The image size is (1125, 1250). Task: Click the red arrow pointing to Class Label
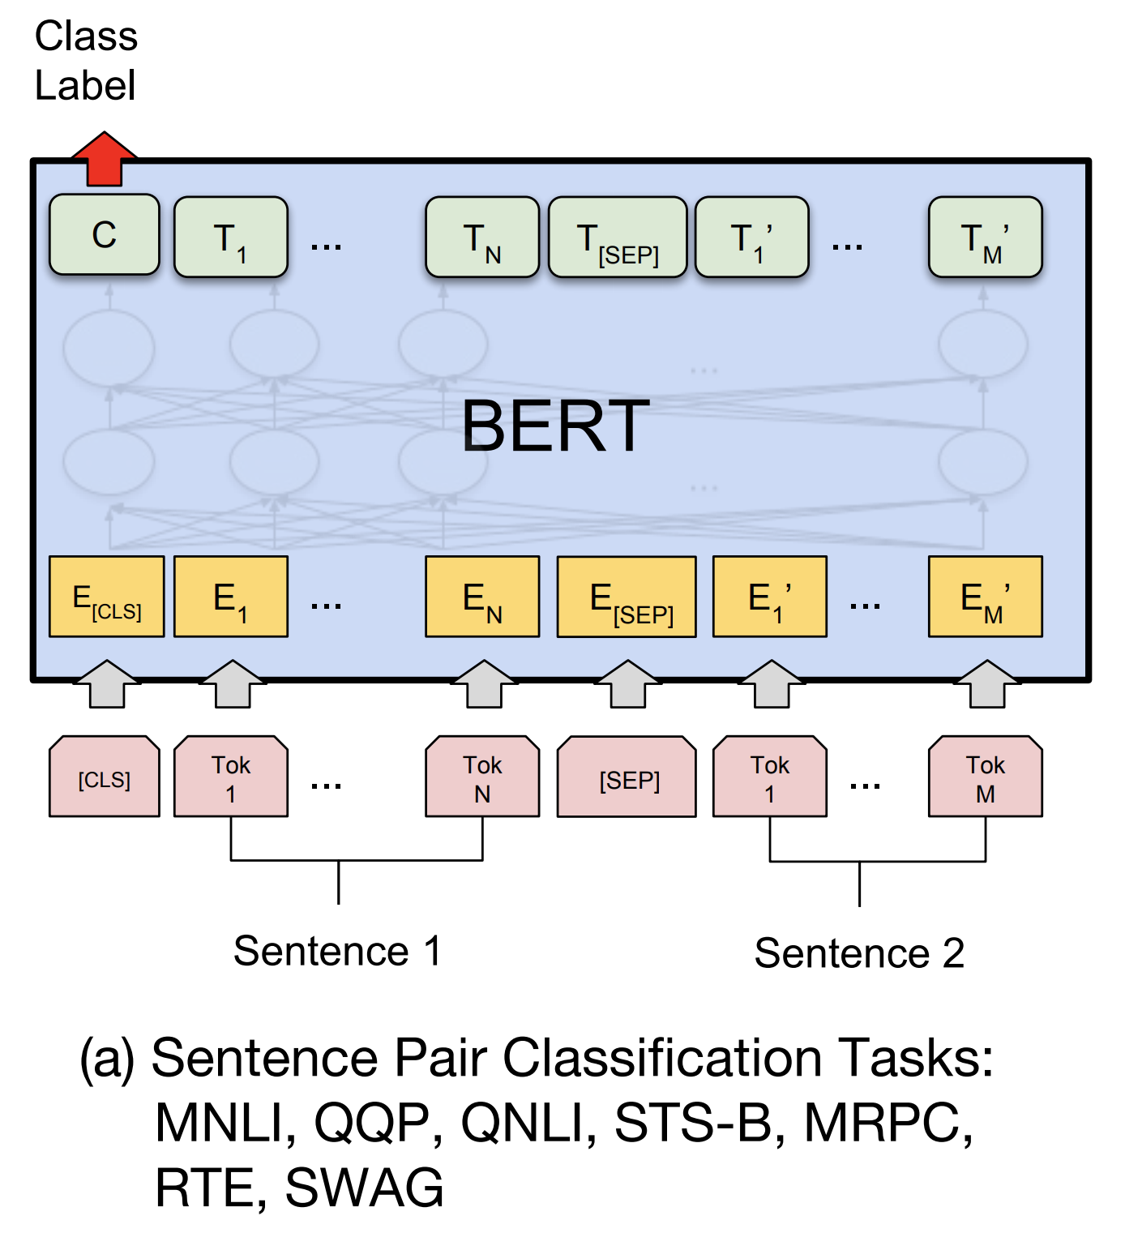[104, 159]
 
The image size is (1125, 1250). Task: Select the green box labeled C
[105, 235]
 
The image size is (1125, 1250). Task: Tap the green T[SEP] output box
[618, 238]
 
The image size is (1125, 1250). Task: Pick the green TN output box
[482, 238]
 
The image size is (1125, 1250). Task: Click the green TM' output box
[985, 238]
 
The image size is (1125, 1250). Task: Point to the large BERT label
[555, 426]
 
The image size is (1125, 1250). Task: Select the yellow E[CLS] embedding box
[106, 597]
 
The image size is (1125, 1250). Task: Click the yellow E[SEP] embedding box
[627, 597]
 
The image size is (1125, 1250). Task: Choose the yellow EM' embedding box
[985, 597]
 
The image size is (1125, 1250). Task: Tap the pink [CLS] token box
[105, 777]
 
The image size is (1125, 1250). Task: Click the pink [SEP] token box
[627, 777]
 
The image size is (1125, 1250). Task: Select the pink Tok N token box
[482, 777]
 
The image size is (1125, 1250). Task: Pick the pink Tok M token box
[985, 777]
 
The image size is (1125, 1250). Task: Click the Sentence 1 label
[337, 951]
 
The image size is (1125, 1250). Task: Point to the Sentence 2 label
[859, 953]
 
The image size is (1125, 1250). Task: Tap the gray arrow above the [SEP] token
[628, 684]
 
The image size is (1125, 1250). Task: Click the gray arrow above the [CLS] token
[106, 684]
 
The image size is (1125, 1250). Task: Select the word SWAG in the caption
[364, 1188]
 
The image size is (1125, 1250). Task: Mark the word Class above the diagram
[86, 36]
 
